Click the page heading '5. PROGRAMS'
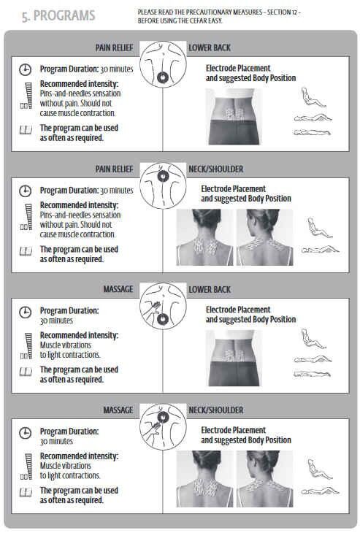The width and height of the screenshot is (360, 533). [58, 16]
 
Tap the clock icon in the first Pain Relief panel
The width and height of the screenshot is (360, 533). [25, 69]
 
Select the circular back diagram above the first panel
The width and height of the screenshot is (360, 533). [163, 64]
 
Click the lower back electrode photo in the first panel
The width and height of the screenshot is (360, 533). [234, 117]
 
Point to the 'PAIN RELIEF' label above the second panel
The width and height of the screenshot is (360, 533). [114, 169]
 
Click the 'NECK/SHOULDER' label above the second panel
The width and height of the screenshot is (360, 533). [216, 169]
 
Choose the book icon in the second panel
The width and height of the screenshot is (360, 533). [26, 251]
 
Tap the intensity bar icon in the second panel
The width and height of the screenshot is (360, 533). [26, 217]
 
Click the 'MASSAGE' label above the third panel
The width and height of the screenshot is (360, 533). [118, 289]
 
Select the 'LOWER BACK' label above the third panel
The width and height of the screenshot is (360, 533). [210, 290]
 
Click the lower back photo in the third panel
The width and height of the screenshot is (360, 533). [234, 358]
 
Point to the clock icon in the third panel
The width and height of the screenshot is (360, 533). [25, 312]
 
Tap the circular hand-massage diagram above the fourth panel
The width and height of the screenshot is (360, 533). [163, 427]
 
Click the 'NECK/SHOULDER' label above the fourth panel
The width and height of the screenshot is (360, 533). [216, 410]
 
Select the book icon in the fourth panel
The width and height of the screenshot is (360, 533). [26, 492]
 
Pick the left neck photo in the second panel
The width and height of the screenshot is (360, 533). [204, 237]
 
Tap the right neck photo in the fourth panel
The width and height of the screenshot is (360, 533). [265, 479]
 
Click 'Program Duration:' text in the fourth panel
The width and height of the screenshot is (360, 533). [69, 432]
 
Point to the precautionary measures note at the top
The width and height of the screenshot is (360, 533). [219, 16]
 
